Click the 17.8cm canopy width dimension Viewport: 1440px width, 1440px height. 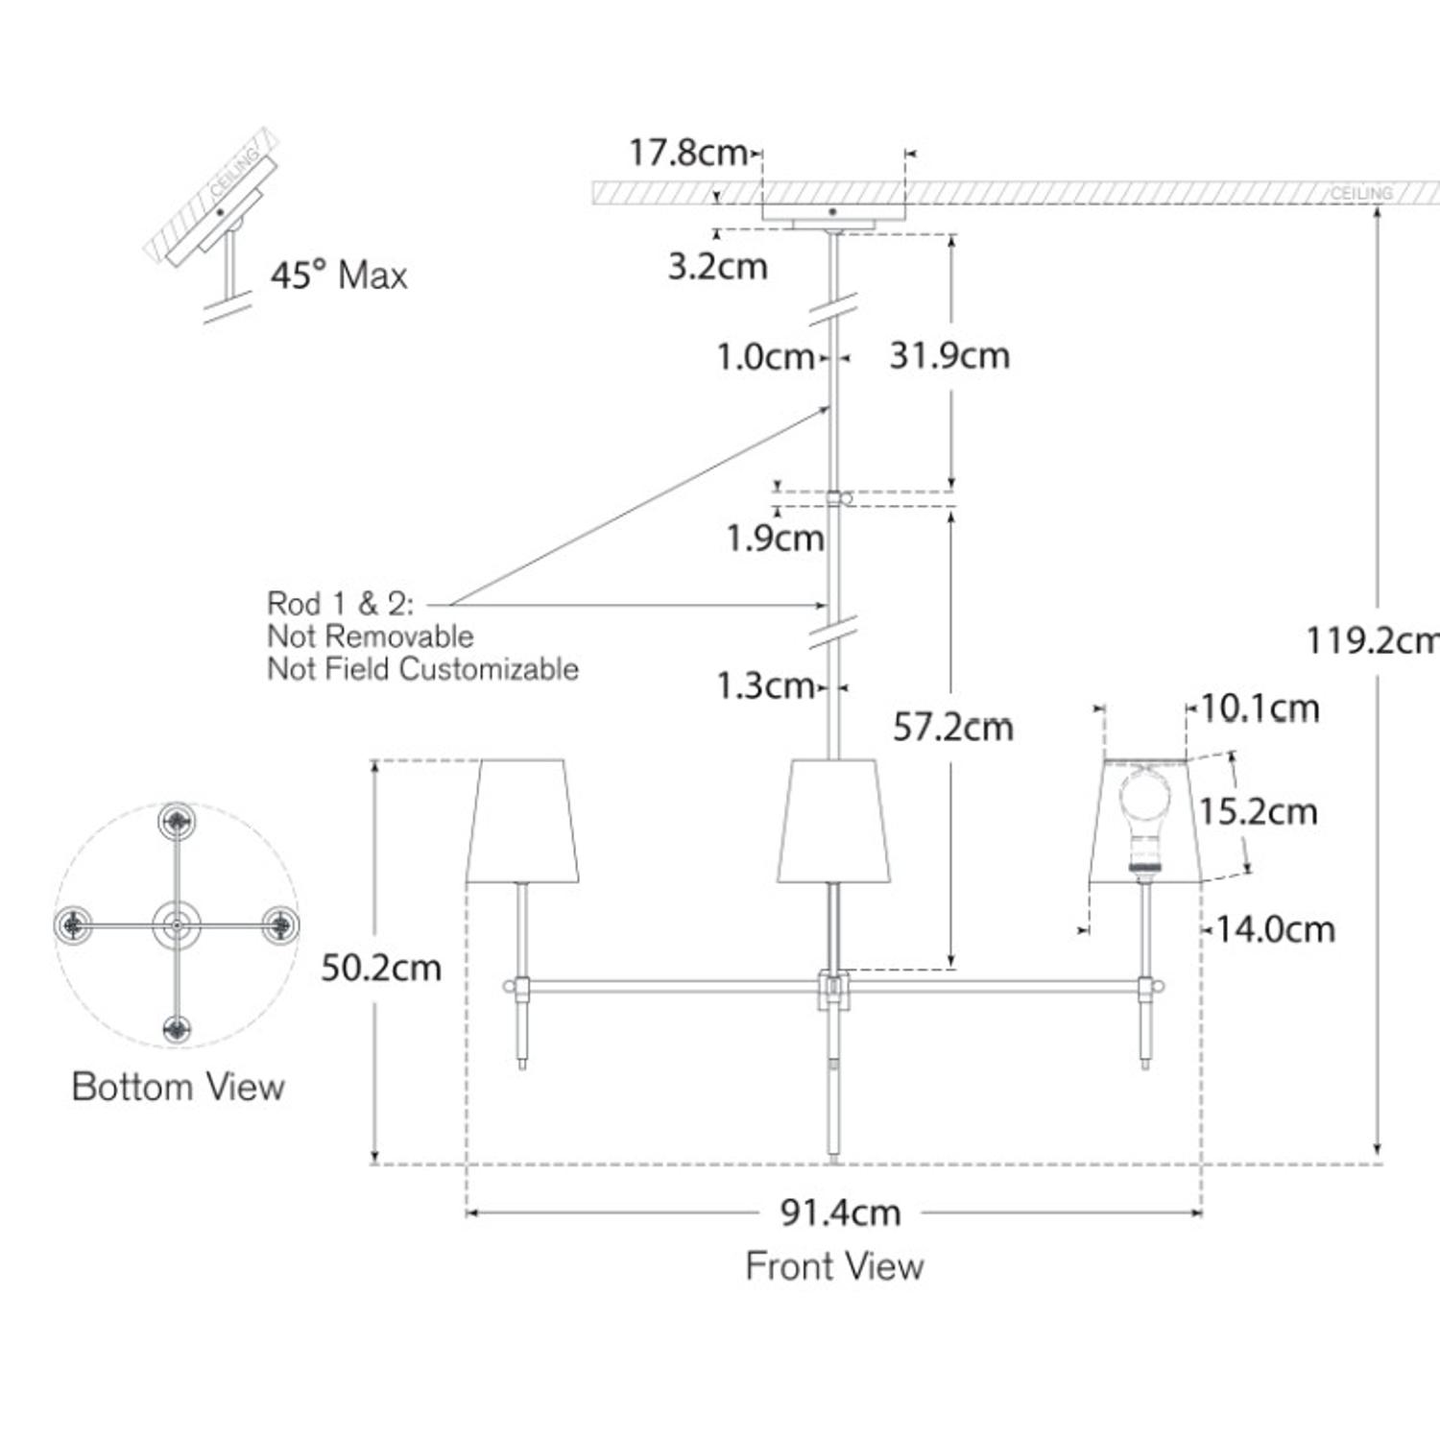687,152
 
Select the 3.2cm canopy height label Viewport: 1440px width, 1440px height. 717,267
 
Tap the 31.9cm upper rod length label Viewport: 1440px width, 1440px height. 948,356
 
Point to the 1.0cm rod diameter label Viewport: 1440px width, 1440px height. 765,357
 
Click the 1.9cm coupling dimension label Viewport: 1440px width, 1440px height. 775,538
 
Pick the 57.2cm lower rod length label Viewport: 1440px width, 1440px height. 952,727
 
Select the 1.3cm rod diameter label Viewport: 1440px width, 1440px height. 765,685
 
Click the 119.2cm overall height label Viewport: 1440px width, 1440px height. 1371,639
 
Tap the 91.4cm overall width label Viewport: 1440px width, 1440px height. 840,1212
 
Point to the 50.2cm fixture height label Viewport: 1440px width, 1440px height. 380,968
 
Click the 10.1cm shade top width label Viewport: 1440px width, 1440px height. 1259,708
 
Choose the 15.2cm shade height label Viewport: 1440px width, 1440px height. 1258,812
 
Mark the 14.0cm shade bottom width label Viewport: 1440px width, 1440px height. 1275,929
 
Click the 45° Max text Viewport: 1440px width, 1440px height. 338,276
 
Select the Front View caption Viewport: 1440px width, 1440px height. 834,1266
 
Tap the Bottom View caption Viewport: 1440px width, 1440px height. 178,1087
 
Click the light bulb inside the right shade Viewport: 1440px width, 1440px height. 1143,806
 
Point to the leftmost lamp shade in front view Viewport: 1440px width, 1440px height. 522,821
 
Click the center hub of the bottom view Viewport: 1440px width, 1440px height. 177,925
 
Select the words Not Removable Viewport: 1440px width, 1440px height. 370,636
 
